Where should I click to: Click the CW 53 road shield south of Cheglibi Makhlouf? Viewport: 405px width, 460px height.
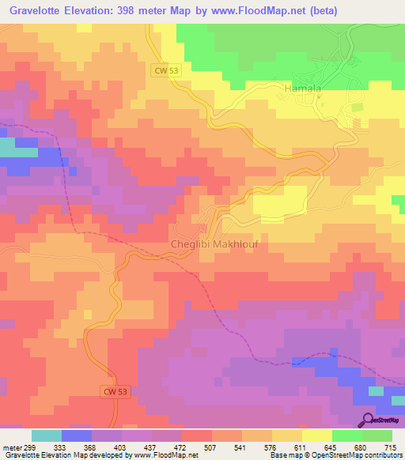point(115,391)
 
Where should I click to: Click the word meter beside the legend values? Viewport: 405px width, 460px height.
point(11,447)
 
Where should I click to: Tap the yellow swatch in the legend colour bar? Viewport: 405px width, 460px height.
point(316,435)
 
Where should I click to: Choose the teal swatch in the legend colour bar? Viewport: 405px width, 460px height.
point(47,435)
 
